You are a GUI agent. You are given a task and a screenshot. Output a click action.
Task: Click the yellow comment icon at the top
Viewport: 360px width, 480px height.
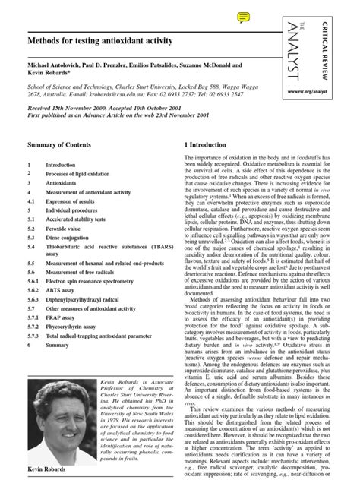tap(244, 17)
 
